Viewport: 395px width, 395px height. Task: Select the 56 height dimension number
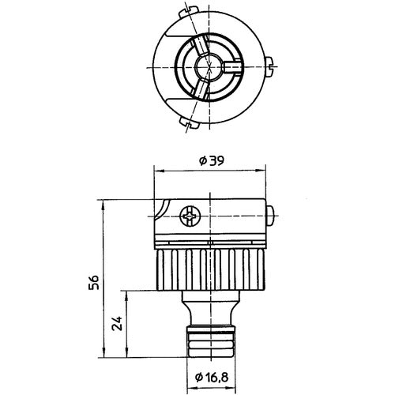tap(93, 282)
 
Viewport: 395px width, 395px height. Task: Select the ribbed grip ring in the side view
tap(209, 271)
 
